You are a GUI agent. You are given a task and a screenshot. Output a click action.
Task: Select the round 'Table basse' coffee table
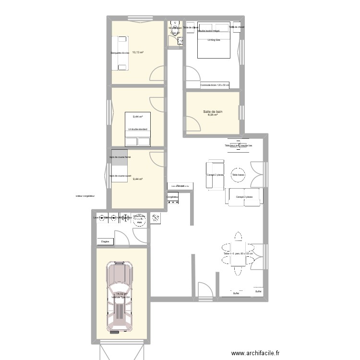pyautogui.click(x=238, y=175)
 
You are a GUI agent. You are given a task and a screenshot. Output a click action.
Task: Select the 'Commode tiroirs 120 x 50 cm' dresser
pyautogui.click(x=215, y=85)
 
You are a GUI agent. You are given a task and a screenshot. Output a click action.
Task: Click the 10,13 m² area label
pyautogui.click(x=138, y=53)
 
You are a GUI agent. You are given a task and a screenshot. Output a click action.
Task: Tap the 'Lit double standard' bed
pyautogui.click(x=138, y=129)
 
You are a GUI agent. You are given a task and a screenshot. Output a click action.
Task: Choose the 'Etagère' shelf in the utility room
pyautogui.click(x=106, y=241)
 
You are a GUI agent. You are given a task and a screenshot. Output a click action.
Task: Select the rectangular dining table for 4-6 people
pyautogui.click(x=238, y=253)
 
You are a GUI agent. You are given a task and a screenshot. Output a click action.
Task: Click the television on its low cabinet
pyautogui.click(x=238, y=145)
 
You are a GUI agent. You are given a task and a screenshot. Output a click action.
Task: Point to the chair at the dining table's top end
pyautogui.click(x=238, y=236)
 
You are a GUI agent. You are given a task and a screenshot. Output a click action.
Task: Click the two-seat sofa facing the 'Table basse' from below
pyautogui.click(x=244, y=197)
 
